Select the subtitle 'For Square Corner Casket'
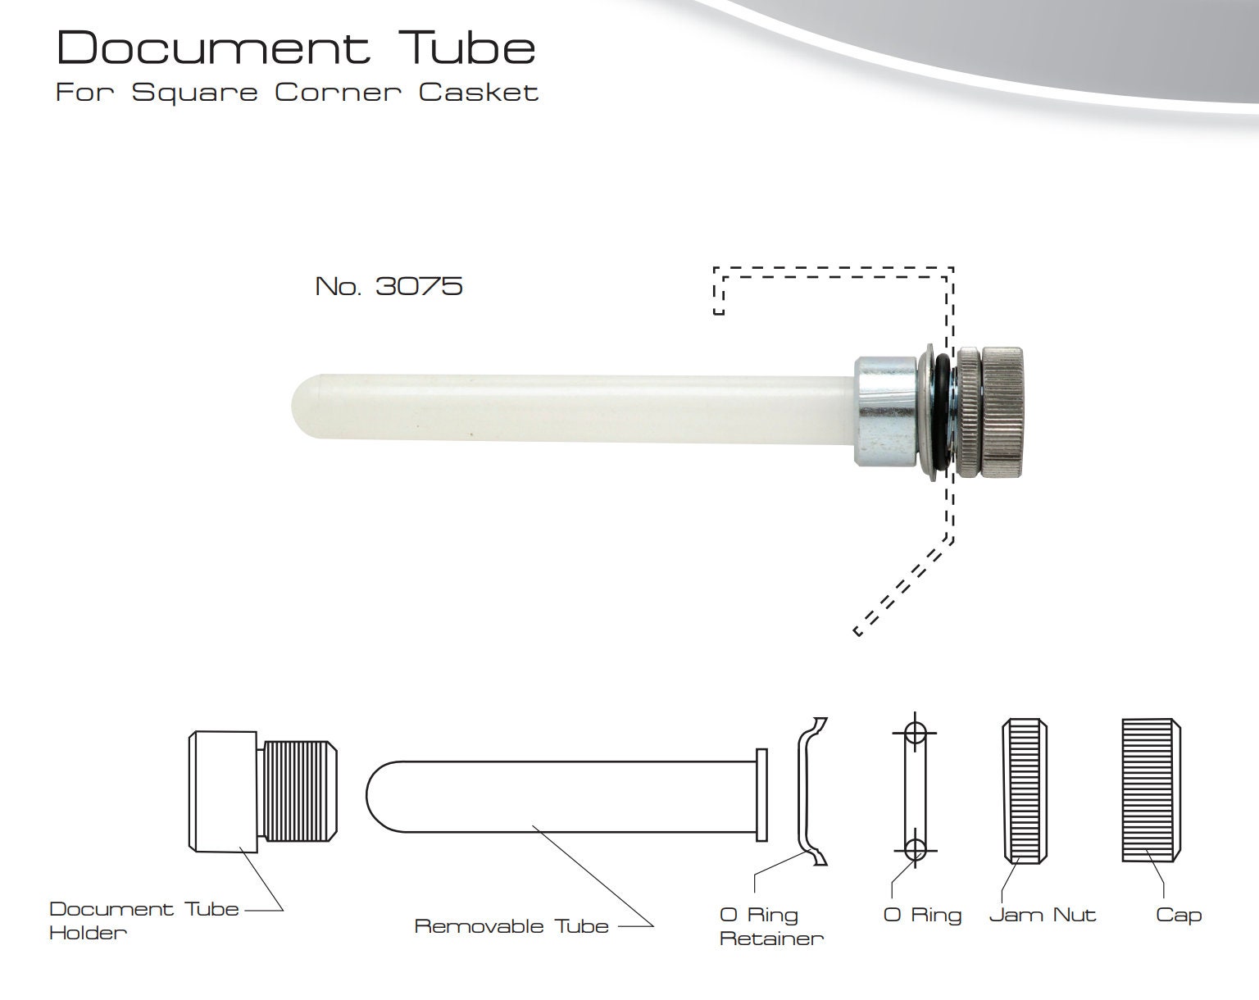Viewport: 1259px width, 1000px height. coord(297,92)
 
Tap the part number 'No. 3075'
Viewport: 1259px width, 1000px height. coord(389,286)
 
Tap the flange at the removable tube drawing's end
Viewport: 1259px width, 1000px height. coord(761,793)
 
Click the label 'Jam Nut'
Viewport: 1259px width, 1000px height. coord(1042,915)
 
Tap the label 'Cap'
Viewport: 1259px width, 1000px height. coord(1178,915)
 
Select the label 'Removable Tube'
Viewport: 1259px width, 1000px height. coord(511,926)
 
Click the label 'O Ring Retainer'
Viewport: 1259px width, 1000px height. coord(770,926)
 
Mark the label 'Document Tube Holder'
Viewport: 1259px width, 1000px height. coord(143,920)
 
